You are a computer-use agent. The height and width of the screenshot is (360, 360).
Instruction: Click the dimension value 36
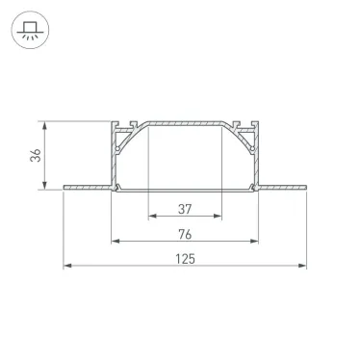point(36,155)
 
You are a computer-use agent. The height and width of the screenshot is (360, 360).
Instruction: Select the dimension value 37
point(185,209)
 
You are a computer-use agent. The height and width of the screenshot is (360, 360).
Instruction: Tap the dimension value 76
point(185,234)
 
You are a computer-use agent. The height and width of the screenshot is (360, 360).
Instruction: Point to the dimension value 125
point(185,259)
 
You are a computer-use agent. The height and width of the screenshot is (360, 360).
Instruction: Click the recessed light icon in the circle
point(30,30)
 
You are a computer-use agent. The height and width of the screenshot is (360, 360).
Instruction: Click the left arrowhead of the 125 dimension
point(67,266)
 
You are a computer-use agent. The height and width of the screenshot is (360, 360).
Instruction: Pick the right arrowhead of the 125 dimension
point(302,266)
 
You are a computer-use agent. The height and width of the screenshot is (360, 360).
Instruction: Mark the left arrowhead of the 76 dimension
point(116,241)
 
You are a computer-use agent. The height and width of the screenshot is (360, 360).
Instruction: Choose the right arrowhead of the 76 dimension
point(254,241)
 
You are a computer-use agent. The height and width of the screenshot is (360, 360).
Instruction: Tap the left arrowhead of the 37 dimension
point(153,216)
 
